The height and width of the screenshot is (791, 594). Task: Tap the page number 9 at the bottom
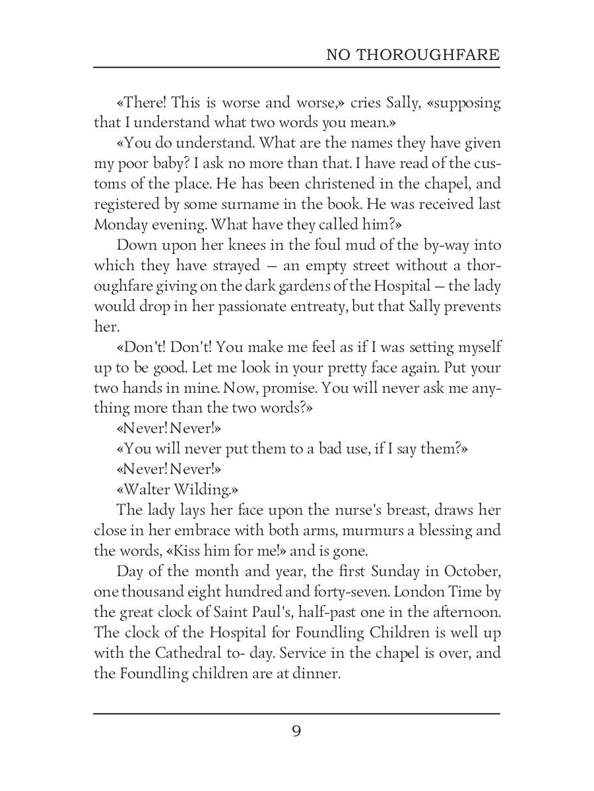[x=296, y=732]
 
